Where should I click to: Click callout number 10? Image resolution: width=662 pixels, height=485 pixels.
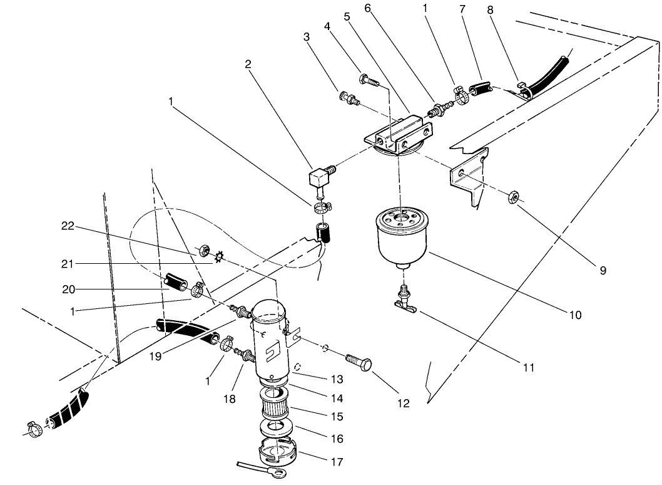[x=574, y=315]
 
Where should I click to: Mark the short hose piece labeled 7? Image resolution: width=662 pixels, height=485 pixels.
[x=482, y=90]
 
